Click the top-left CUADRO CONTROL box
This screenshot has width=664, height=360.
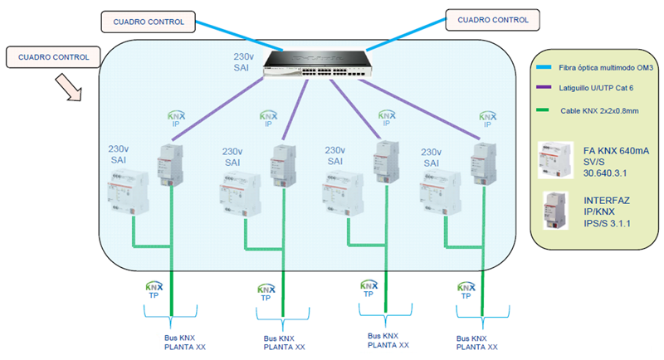pos(150,21)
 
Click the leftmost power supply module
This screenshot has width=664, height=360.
pos(130,193)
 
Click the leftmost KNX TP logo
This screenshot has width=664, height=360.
pos(154,290)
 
